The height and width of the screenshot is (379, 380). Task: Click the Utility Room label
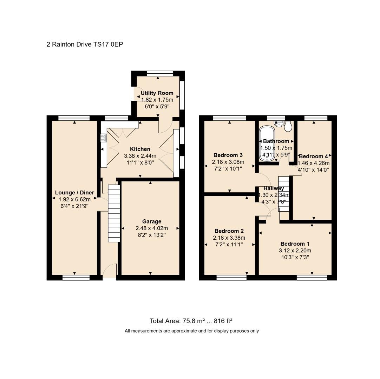157,93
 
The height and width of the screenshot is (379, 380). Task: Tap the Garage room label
152,221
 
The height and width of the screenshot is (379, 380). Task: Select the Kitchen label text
140,149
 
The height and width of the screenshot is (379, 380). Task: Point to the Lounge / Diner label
74,193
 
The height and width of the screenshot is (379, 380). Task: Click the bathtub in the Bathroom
267,143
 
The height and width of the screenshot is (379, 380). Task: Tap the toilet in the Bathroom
288,126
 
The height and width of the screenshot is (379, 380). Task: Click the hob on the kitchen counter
104,138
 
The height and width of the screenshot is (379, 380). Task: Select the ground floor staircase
114,213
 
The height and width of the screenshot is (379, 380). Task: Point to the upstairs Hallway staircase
284,194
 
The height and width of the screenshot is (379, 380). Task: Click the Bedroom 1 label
295,244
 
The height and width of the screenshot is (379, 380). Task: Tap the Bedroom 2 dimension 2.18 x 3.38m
229,238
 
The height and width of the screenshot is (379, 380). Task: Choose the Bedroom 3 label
228,155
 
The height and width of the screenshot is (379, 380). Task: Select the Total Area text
191,321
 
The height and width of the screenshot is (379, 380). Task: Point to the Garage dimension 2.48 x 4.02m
152,228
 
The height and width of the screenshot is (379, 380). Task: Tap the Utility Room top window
160,73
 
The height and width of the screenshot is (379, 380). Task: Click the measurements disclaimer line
192,331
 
